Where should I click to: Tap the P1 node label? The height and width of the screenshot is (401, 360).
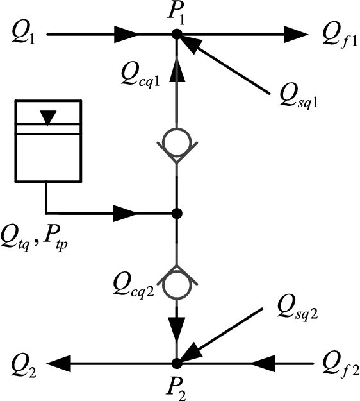coord(177,12)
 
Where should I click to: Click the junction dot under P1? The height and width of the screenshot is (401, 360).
coord(177,33)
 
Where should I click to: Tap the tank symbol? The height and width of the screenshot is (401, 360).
coord(49,141)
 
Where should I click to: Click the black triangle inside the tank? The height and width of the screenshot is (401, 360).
coord(49,117)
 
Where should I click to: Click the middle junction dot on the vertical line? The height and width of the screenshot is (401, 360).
coord(177,212)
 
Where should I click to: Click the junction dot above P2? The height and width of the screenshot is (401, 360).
coord(177,364)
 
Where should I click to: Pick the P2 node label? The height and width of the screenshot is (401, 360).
coord(177,388)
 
